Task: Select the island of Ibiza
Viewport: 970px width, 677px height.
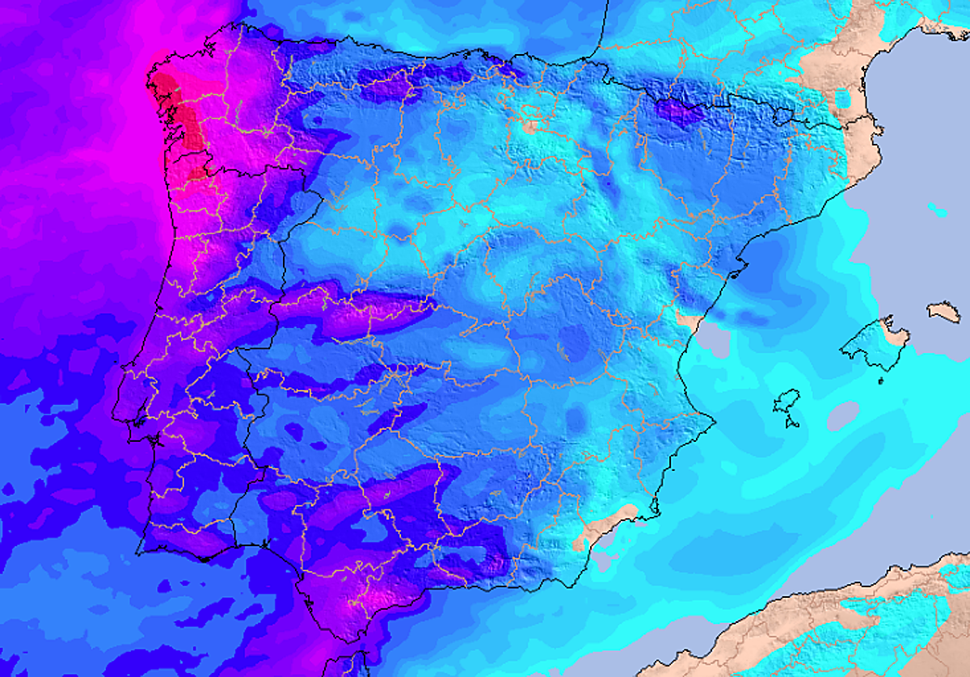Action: [x=787, y=401]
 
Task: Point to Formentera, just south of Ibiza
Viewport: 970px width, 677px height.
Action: [x=793, y=421]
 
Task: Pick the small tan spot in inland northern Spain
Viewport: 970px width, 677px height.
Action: [x=530, y=127]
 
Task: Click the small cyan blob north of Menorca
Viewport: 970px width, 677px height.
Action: [x=938, y=212]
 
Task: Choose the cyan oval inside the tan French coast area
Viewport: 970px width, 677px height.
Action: [x=842, y=99]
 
